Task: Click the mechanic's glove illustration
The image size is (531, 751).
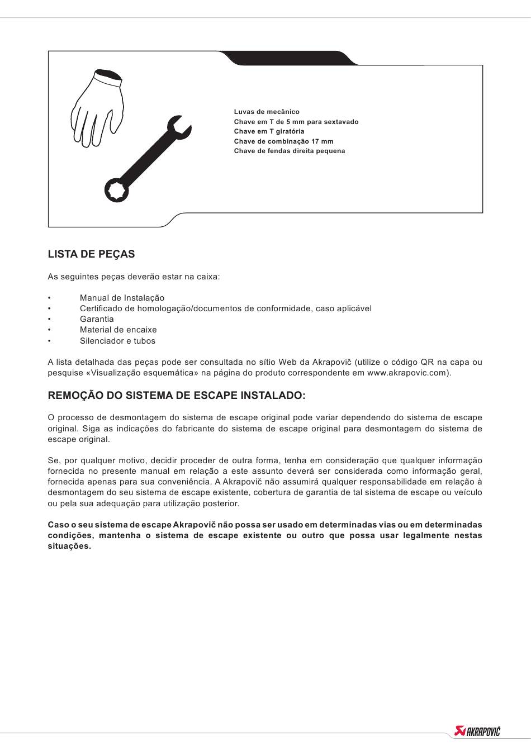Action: [98, 109]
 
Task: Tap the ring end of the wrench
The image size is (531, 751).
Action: [116, 190]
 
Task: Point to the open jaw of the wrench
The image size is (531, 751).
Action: [180, 126]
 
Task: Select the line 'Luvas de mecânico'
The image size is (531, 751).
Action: [267, 112]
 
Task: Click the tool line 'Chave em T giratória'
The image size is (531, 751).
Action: [269, 131]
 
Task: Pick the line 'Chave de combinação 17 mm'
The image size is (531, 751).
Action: [283, 141]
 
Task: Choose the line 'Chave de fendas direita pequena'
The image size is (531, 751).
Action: [290, 151]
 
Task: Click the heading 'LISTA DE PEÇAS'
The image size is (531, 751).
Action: [91, 254]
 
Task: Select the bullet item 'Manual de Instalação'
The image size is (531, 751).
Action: [122, 298]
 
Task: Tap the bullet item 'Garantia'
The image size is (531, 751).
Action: [97, 319]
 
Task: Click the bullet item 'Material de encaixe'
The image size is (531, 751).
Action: [118, 330]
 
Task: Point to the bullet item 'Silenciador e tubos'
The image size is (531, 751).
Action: [117, 341]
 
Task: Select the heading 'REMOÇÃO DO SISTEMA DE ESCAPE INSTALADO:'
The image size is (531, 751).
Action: [177, 396]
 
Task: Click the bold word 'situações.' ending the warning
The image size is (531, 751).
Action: [69, 546]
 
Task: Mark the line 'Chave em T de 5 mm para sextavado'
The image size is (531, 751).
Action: [296, 122]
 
